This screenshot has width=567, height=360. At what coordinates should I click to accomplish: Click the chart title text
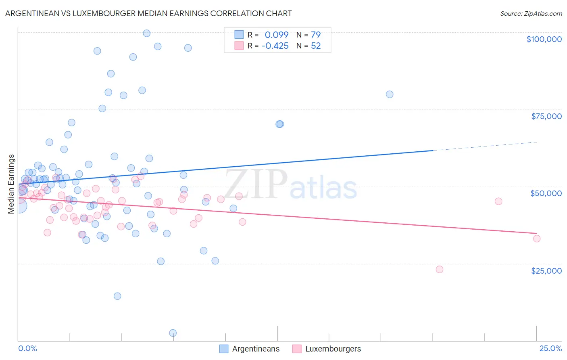click(148, 13)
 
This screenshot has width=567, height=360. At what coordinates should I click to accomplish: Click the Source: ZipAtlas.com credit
click(531, 13)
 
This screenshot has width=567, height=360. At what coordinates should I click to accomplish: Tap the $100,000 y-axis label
click(544, 39)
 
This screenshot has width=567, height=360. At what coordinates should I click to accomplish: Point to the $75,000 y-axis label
click(546, 116)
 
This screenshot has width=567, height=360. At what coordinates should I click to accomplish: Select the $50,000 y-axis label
click(546, 193)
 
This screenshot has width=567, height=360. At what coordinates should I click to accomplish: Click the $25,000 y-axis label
click(546, 271)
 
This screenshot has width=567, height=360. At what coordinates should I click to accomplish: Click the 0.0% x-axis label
click(27, 348)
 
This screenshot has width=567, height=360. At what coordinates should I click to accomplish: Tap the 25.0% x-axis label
click(550, 348)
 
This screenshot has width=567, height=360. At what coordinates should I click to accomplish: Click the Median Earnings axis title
click(11, 184)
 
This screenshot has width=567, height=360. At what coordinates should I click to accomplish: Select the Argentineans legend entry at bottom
click(256, 349)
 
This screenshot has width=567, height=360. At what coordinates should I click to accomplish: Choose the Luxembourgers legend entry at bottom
click(333, 349)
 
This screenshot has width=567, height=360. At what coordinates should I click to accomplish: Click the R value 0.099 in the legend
click(277, 35)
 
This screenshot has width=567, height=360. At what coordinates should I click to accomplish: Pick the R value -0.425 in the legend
click(275, 46)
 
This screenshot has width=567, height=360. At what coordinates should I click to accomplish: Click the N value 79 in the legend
click(316, 35)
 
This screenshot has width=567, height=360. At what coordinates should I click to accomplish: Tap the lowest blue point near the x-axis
click(173, 333)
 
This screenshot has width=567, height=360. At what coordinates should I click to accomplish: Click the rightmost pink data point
click(537, 239)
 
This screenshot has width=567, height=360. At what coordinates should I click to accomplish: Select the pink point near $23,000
click(440, 269)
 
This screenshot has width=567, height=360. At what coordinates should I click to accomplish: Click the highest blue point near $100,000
click(147, 33)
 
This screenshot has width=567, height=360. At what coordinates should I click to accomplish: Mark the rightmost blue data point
click(390, 94)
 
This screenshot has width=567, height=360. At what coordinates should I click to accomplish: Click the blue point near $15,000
click(117, 296)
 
